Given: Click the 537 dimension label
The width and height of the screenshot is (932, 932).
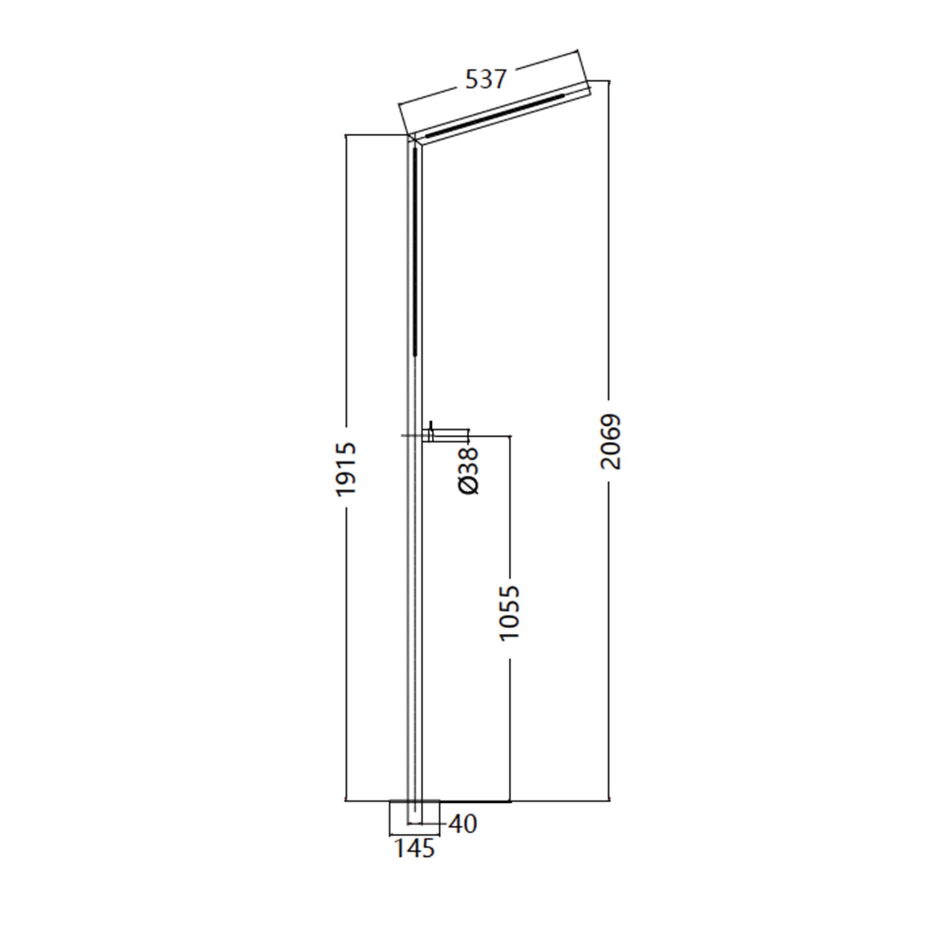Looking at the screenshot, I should point(486,80).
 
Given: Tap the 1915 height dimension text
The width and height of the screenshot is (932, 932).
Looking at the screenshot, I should point(345,468).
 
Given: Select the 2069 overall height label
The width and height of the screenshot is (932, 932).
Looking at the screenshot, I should point(611,441).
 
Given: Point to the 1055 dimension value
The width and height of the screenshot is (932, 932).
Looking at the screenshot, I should point(509,613).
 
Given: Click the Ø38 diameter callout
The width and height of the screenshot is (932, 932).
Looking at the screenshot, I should point(470,470).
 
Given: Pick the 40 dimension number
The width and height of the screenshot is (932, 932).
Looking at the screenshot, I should point(462,825).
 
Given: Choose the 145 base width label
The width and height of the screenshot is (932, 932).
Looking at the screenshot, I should point(414,849).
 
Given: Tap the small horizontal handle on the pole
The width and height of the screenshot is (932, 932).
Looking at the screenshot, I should point(449,434).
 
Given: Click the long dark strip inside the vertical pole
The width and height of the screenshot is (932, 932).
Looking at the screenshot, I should point(414,249).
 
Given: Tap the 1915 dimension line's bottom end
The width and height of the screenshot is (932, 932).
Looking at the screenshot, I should point(345,800).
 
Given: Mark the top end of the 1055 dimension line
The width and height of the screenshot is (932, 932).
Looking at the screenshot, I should point(510,436).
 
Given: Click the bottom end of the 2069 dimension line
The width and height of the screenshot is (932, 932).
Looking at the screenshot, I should point(610,800).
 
